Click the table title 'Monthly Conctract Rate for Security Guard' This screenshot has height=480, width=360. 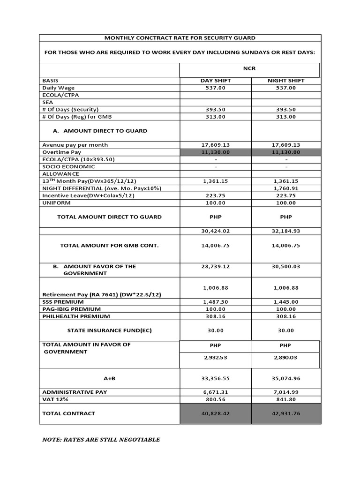[x=180, y=38]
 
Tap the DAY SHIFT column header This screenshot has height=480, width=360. [x=216, y=81]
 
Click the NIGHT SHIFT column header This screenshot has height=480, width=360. [x=286, y=81]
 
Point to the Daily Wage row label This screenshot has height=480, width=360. [x=59, y=88]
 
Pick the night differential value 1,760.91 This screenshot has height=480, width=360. [x=286, y=188]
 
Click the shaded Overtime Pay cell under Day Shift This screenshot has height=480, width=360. [x=216, y=152]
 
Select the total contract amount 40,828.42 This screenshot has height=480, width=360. [x=216, y=413]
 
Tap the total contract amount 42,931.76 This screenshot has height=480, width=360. [x=286, y=413]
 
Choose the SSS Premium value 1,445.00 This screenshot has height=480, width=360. [x=286, y=302]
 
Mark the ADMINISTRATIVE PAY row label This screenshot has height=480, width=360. [x=71, y=392]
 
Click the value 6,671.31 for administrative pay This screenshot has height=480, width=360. [x=216, y=392]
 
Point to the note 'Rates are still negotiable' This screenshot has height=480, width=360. [x=101, y=440]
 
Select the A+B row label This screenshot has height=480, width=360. [x=109, y=378]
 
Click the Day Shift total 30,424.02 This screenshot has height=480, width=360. [x=216, y=231]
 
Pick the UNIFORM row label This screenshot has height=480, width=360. [x=56, y=202]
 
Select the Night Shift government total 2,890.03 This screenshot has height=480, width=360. [x=286, y=358]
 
